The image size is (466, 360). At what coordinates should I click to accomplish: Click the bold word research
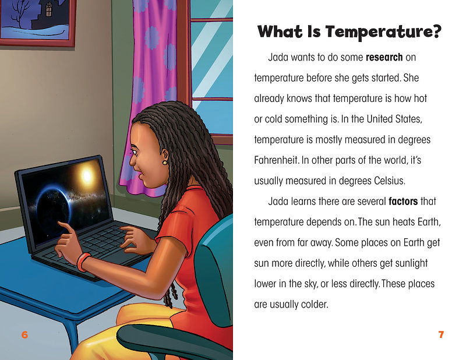click(384, 57)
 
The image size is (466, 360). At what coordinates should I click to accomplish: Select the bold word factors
click(403, 202)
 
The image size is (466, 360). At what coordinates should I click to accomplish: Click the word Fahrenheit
click(276, 160)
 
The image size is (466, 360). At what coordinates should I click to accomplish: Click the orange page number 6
click(24, 335)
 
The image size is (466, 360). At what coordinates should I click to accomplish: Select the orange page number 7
click(441, 335)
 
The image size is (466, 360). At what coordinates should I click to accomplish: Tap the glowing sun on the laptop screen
click(86, 175)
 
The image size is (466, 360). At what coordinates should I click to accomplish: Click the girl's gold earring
click(164, 163)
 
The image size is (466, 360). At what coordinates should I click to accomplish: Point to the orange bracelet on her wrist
click(83, 262)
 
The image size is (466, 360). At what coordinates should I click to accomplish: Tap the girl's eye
click(134, 153)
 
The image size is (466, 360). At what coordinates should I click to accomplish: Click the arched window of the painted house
click(49, 9)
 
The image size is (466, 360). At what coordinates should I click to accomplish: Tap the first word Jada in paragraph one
click(278, 57)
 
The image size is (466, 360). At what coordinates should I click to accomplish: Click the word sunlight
click(411, 263)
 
